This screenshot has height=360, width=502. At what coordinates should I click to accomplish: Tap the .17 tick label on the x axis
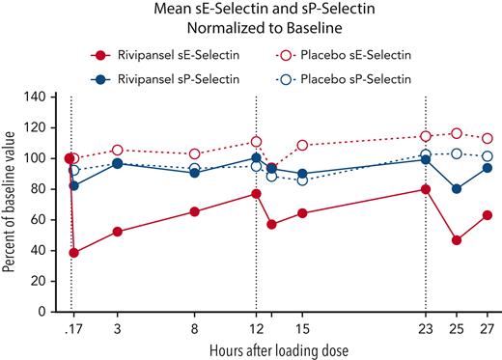(71, 329)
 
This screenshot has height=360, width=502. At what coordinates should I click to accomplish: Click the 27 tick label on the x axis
(487, 329)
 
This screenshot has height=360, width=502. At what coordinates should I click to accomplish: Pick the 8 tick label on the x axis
(195, 329)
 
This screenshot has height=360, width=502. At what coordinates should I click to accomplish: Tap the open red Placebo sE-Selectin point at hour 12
(256, 142)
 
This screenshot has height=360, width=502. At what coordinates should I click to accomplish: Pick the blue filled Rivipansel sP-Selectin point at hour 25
(457, 189)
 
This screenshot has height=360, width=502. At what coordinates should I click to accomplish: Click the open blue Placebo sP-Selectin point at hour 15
(302, 180)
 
